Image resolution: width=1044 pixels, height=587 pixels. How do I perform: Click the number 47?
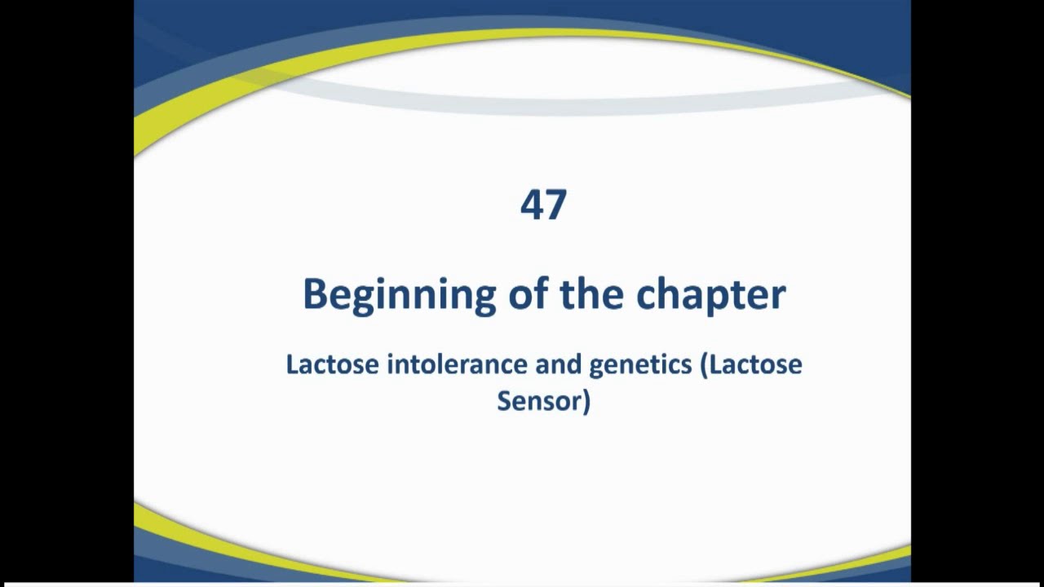[543, 205]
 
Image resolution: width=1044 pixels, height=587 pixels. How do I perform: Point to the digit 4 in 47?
[532, 205]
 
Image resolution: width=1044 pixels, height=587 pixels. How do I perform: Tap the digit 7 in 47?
[555, 205]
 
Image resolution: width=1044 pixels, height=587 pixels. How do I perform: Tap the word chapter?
[710, 294]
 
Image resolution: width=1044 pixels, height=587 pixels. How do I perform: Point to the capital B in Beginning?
[314, 293]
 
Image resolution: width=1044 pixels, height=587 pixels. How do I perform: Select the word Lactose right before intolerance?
[332, 364]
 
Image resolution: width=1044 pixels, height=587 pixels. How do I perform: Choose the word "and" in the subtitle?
[558, 364]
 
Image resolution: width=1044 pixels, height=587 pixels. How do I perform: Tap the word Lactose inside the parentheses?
[755, 364]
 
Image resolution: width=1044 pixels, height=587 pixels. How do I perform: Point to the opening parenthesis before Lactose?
[704, 365]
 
